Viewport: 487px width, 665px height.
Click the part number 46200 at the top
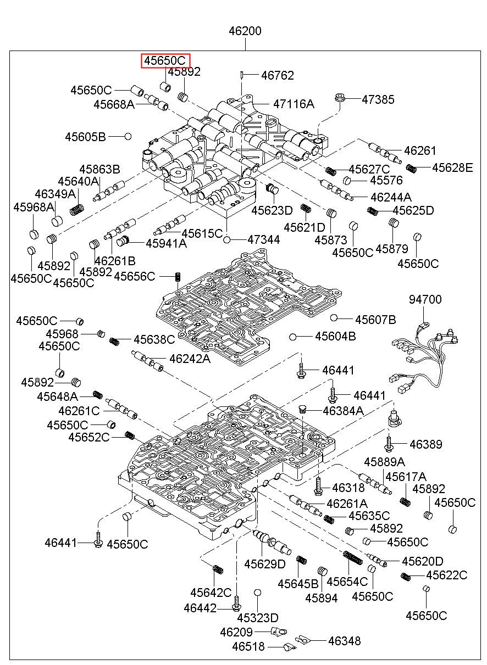[245, 31]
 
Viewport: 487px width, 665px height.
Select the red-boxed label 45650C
[165, 60]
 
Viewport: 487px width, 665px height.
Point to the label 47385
[378, 99]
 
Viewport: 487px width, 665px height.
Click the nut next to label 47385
[339, 99]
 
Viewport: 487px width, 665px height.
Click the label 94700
[425, 299]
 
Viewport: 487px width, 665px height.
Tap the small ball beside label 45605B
[128, 136]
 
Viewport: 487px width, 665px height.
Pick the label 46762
[277, 75]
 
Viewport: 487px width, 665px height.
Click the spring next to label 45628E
[411, 167]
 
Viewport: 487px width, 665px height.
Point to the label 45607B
[375, 320]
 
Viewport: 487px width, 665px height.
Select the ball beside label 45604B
[294, 336]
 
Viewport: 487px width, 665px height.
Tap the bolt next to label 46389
[388, 443]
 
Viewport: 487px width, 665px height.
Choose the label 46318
[345, 487]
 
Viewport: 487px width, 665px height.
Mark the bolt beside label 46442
[236, 604]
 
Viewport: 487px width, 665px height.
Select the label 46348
[344, 640]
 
